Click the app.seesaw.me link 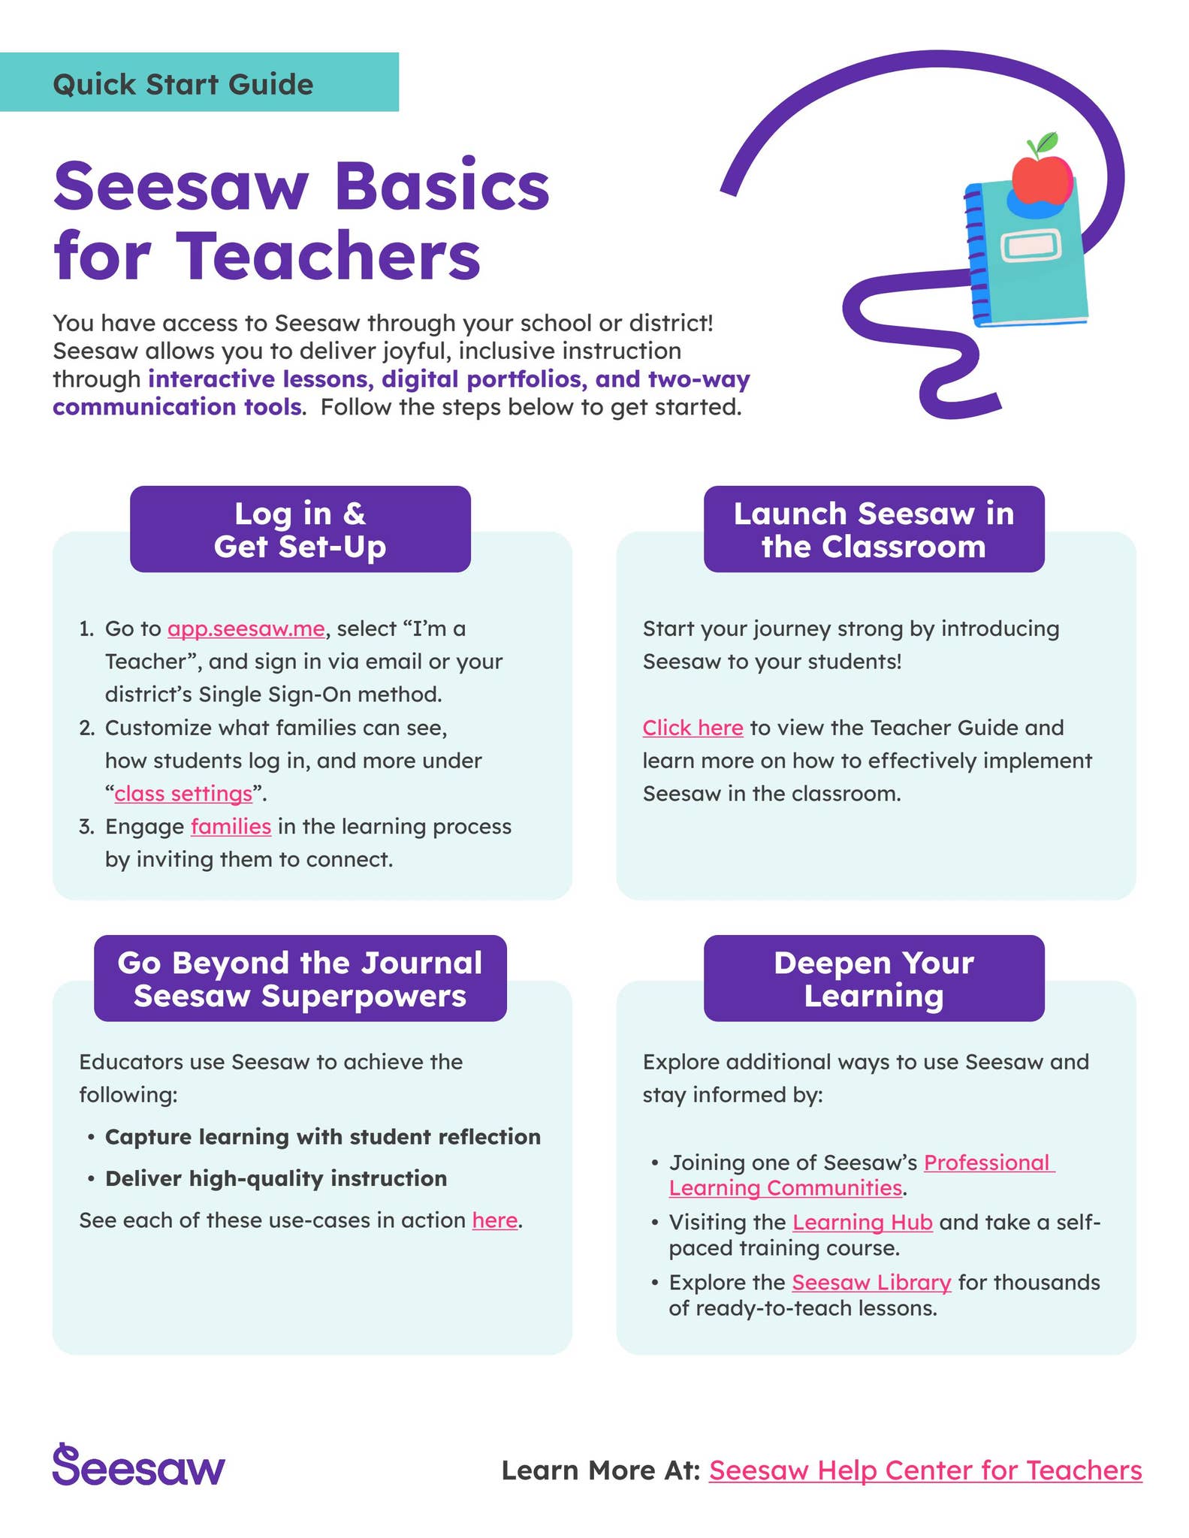[x=246, y=629]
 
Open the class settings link [x=183, y=794]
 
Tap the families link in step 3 [x=231, y=827]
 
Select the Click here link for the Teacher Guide [x=693, y=728]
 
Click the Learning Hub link [x=862, y=1223]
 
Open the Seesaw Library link [x=871, y=1283]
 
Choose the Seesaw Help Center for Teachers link [x=925, y=1470]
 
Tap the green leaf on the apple [x=1044, y=142]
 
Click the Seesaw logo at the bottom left [x=138, y=1466]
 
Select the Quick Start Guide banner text [x=183, y=84]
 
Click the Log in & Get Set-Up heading [x=300, y=529]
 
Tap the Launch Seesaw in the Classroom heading [x=874, y=529]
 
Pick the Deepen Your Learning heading [x=874, y=979]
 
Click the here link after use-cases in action [x=494, y=1220]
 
